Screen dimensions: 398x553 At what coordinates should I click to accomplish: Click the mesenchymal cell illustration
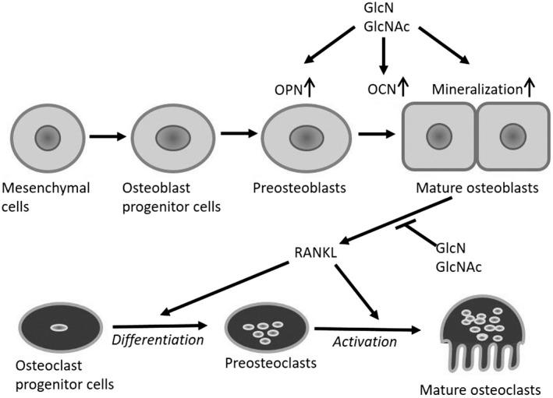(x=45, y=139)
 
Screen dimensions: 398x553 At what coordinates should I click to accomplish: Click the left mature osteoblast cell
(x=438, y=138)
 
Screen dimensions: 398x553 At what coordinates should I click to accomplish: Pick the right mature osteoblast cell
(x=511, y=138)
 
